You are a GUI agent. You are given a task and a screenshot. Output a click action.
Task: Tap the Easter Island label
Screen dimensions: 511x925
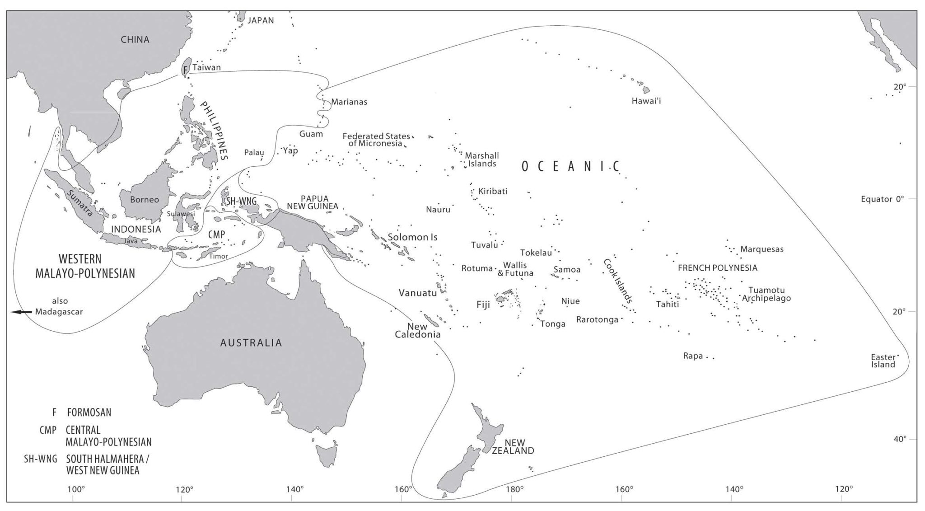(883, 361)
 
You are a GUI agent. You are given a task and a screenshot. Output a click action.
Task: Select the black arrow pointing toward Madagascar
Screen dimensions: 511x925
(21, 312)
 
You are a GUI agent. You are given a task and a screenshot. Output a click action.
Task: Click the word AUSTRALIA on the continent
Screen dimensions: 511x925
(251, 343)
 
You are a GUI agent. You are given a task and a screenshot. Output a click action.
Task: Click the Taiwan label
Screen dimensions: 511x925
(206, 68)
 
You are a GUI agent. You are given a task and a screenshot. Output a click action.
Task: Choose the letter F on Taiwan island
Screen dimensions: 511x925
(185, 70)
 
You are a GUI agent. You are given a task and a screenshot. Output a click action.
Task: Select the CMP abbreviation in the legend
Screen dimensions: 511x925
(48, 430)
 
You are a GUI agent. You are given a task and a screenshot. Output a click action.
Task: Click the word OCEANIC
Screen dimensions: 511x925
(571, 167)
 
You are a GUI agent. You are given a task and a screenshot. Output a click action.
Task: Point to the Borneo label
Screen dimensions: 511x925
(145, 200)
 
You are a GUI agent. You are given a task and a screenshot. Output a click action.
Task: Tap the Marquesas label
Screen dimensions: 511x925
(761, 249)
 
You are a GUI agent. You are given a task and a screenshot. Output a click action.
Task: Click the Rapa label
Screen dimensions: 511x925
(693, 356)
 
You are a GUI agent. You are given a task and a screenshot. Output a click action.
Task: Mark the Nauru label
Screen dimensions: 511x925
(438, 210)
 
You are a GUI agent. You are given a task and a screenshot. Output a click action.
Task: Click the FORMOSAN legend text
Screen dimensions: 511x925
(89, 413)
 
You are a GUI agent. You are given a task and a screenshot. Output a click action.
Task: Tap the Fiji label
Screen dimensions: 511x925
(483, 305)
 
